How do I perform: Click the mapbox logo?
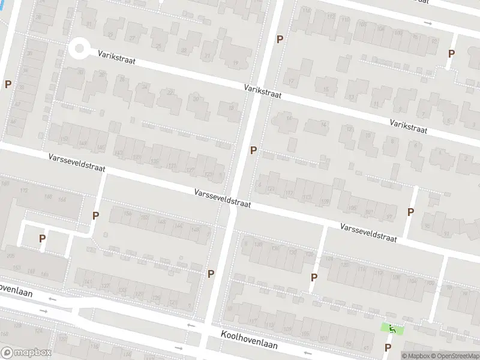pos(26,353)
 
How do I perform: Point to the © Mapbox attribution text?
pos(416,356)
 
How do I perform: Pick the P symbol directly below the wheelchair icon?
pos(388,347)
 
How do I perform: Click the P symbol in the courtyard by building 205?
pos(42,239)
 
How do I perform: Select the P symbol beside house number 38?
pos(8,85)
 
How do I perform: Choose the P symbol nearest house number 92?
pos(451,53)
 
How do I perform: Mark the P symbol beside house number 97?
pos(410,212)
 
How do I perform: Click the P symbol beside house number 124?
pos(313,277)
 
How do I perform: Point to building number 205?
pos(10,256)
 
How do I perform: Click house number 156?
pos(127,214)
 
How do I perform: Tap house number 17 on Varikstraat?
pos(292,82)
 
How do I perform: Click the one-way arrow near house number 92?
pos(427,23)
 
